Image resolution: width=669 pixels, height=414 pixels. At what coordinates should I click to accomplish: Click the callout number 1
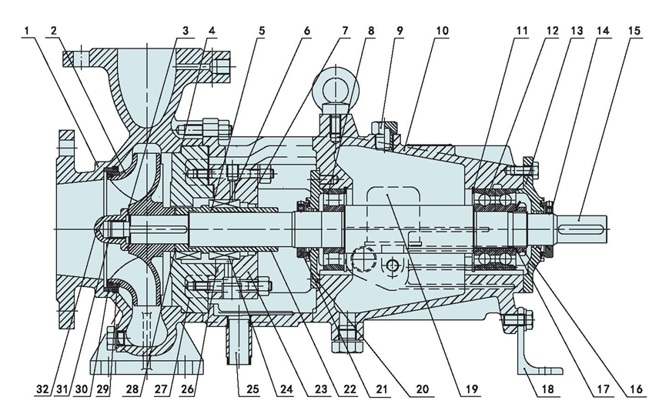[26, 31]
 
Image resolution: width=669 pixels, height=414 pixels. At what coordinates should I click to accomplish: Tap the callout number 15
[634, 31]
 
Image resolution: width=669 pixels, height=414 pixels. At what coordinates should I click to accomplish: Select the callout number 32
[43, 389]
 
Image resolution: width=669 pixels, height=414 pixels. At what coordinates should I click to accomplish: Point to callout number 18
[548, 389]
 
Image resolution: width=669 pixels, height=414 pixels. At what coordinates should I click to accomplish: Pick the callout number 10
[442, 31]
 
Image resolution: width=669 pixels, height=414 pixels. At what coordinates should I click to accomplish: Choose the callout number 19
[471, 389]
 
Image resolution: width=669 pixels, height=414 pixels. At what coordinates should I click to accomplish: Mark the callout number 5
[261, 31]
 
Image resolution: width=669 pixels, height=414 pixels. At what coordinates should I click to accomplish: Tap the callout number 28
[133, 389]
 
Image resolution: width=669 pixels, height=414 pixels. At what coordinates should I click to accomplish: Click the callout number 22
[349, 389]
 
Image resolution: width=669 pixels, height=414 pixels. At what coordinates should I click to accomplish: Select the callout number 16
[635, 389]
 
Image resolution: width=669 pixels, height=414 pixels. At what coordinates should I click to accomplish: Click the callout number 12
[551, 31]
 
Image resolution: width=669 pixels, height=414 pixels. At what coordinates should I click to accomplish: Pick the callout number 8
[370, 31]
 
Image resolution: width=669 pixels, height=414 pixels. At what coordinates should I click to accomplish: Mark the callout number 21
[381, 389]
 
